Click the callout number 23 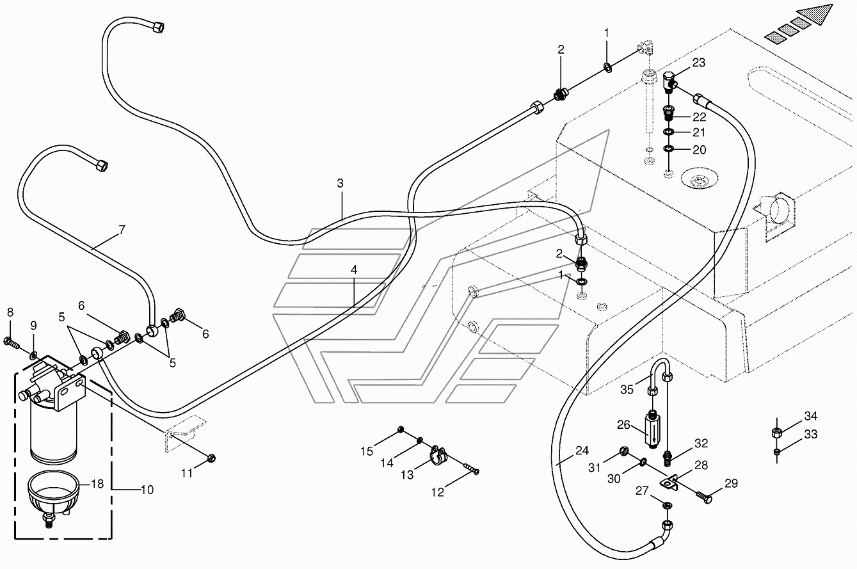(x=699, y=62)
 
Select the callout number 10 (x=147, y=490)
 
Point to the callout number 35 (x=627, y=390)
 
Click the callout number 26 (x=623, y=425)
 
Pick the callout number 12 (x=437, y=492)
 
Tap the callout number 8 (x=10, y=312)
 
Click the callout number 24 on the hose (x=582, y=451)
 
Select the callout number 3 (x=340, y=183)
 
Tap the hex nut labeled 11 (x=211, y=458)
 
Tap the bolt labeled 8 (x=12, y=342)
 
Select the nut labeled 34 (x=776, y=433)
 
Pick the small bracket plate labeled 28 (x=668, y=483)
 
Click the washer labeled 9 (x=34, y=355)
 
